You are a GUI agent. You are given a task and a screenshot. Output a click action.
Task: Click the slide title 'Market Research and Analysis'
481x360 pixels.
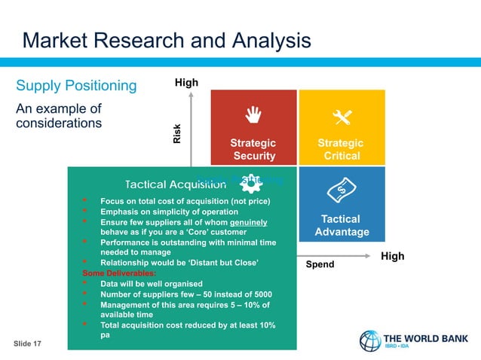coord(166,40)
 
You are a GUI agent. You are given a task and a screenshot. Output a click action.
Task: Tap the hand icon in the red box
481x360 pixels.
coord(253,114)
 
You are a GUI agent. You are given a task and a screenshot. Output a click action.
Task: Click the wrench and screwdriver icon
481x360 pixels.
coord(342,117)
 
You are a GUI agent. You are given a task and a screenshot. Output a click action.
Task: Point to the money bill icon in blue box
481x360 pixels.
coord(342,189)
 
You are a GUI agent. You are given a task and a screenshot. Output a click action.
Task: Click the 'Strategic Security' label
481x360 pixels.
coord(253,149)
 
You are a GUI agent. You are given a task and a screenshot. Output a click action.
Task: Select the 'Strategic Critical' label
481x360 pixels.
coord(342,149)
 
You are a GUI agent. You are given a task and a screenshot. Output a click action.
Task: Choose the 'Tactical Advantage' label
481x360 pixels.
coord(342,225)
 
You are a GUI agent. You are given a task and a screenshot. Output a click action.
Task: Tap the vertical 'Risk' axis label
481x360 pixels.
coord(177,133)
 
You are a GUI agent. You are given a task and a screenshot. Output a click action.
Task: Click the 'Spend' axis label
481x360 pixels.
coord(320,265)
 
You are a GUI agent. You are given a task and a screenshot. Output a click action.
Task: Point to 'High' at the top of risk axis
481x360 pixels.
coord(186,82)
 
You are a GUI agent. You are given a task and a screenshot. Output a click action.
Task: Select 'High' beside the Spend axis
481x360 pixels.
coord(392,256)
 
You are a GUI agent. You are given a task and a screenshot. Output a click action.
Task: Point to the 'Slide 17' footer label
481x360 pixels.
coord(28,343)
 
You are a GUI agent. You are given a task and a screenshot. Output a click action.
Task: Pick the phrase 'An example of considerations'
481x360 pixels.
coord(59,115)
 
